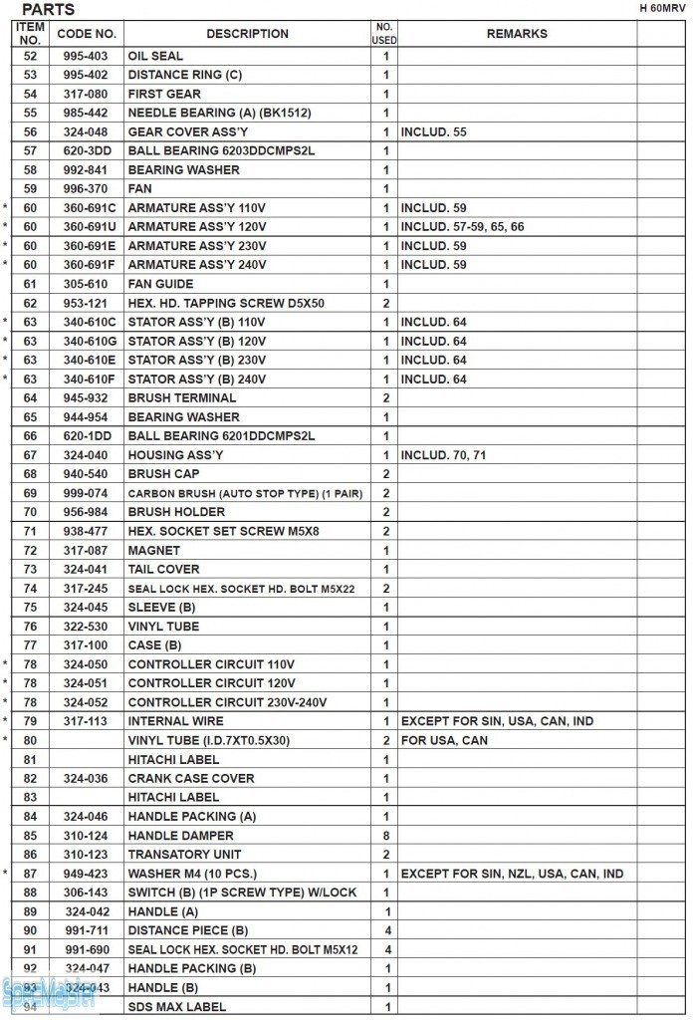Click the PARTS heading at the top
(48, 10)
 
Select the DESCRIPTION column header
(247, 34)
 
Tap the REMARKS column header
(517, 34)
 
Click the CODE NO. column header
(87, 34)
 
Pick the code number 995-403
(87, 56)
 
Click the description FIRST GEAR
(164, 94)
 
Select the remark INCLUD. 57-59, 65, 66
(462, 227)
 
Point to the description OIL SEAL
(155, 56)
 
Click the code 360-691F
(90, 265)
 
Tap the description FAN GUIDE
(160, 284)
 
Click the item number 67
(30, 455)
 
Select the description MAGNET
(153, 550)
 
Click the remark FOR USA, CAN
(444, 740)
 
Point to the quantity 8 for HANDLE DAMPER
(385, 836)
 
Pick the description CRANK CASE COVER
(191, 778)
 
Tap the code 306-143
(87, 892)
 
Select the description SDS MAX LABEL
(176, 1007)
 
